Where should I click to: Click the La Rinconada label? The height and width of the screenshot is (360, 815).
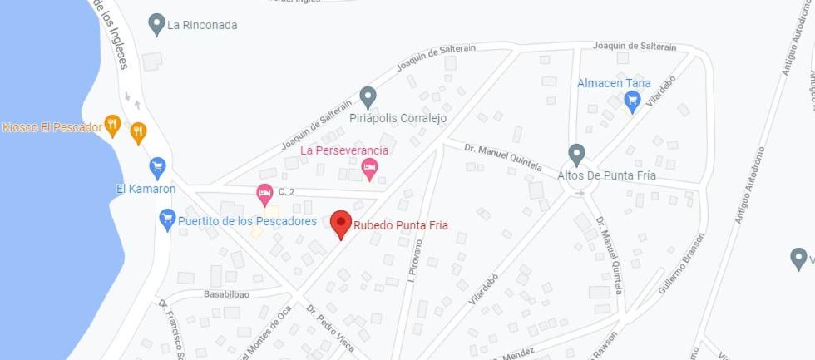[x=202, y=25]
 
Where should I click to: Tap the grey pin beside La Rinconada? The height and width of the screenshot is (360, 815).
[x=156, y=24]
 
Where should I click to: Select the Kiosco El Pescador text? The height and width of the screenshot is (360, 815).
[x=52, y=127]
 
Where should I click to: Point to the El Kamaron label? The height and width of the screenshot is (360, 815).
[x=146, y=189]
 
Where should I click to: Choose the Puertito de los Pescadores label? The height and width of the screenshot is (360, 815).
[x=247, y=221]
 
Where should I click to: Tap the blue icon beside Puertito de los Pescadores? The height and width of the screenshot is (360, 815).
[x=167, y=220]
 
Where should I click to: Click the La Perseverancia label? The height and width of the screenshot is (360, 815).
[x=344, y=150]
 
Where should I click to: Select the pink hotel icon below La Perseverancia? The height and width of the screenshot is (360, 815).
[x=370, y=170]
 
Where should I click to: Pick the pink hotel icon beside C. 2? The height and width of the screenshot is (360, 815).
[x=264, y=194]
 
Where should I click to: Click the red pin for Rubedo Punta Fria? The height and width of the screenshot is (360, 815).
[x=341, y=223]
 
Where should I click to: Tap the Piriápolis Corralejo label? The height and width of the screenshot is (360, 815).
[x=398, y=118]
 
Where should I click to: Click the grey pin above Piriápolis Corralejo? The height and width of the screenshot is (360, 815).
[x=368, y=96]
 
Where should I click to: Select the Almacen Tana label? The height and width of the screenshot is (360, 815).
[x=614, y=83]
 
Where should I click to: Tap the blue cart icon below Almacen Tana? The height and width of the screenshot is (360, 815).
[x=632, y=101]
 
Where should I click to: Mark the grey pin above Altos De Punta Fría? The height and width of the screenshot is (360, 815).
[x=576, y=154]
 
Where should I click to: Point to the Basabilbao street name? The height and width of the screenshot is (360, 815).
[x=226, y=294]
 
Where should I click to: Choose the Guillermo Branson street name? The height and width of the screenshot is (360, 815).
[x=681, y=262]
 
